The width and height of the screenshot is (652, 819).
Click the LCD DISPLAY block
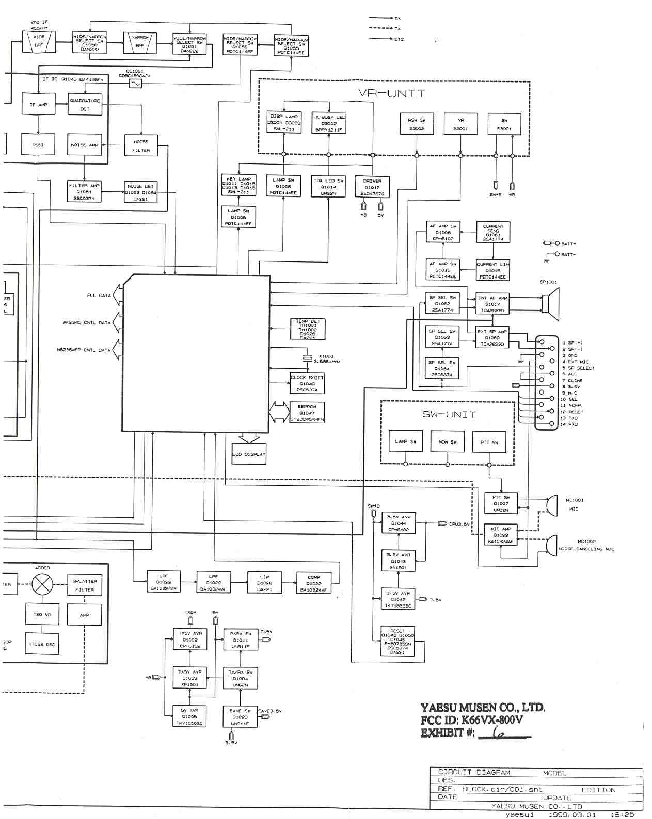pos(249,454)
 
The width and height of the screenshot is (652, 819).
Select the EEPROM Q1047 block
pos(307,413)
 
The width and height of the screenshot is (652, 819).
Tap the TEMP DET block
pos(308,329)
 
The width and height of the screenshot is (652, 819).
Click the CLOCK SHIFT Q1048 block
pos(307,384)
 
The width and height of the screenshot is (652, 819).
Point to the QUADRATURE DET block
pos(85,105)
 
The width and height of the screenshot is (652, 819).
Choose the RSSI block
pos(38,145)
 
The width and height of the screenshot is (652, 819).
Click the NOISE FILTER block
pos(141,145)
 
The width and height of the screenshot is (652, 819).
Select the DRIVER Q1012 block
pos(372,187)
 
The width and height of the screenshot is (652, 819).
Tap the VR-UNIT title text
pos(392,94)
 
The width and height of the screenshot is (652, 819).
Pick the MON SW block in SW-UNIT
pos(447,442)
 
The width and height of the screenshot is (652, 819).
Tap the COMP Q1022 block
pos(313,583)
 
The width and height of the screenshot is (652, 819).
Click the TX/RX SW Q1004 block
pos(240,678)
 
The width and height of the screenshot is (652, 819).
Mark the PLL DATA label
pos(99,296)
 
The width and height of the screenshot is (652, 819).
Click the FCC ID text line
pos(471,720)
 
